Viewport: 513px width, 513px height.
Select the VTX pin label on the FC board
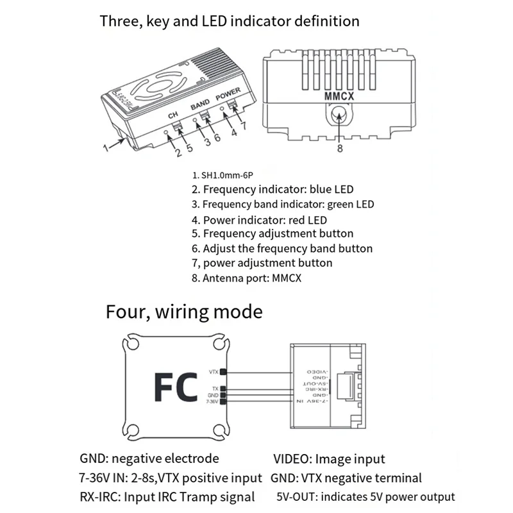tap(213, 371)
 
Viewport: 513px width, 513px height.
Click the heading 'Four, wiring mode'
tap(184, 312)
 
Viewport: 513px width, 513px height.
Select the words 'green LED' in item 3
tap(347, 204)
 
